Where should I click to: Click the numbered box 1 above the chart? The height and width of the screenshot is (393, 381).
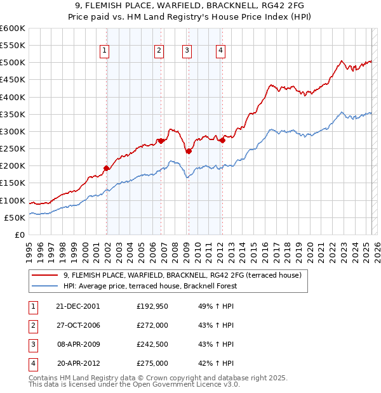coord(104,52)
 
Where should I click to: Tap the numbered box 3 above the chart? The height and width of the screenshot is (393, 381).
coord(187,52)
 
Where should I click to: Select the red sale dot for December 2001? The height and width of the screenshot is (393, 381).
coord(106,168)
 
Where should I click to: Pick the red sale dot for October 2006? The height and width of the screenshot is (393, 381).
coord(161,141)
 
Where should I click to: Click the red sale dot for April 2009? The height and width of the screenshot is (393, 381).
coord(189,151)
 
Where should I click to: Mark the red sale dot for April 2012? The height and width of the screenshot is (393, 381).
coord(222,140)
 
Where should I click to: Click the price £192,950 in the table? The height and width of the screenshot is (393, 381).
coord(152,306)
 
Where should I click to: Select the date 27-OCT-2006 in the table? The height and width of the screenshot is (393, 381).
coord(78,325)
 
